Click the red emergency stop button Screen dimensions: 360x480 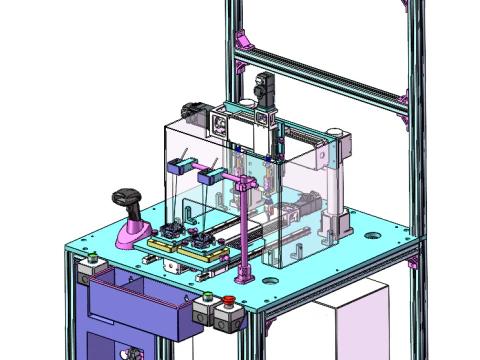coord(229,300)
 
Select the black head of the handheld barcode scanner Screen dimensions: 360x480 coord(127,195)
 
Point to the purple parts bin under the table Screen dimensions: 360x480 coord(135,305)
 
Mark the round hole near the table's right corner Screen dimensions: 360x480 coord(374,237)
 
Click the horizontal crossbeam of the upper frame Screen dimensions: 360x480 coord(320,75)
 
